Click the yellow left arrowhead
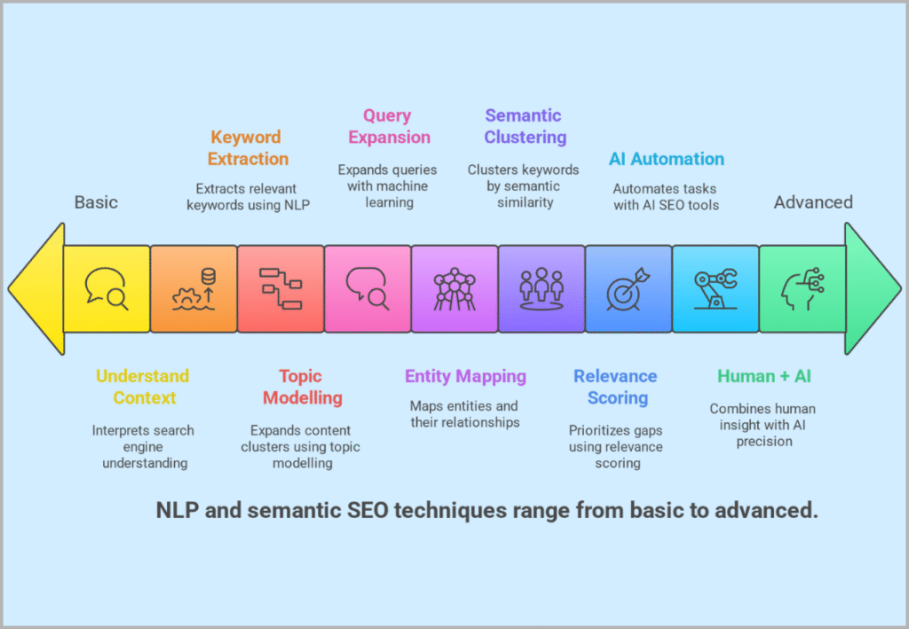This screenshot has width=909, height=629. pyautogui.click(x=37, y=289)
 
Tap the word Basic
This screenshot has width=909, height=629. pyautogui.click(x=96, y=202)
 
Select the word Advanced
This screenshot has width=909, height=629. pyautogui.click(x=812, y=202)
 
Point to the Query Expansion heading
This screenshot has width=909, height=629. pyautogui.click(x=389, y=126)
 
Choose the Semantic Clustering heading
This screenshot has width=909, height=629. pyautogui.click(x=525, y=126)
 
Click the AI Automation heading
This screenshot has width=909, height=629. pyautogui.click(x=666, y=160)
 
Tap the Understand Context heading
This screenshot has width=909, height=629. pyautogui.click(x=144, y=387)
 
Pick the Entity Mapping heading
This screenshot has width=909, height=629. pyautogui.click(x=465, y=376)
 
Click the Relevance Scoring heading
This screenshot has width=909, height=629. pyautogui.click(x=616, y=387)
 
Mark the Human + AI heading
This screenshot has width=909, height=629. pyautogui.click(x=763, y=376)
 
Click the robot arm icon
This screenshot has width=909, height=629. pyautogui.click(x=715, y=289)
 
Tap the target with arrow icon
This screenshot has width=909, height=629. pyautogui.click(x=628, y=289)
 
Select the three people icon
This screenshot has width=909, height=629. pyautogui.click(x=541, y=289)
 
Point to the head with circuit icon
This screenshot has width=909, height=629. pyautogui.click(x=802, y=289)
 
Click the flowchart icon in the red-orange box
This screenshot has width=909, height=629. pyautogui.click(x=281, y=289)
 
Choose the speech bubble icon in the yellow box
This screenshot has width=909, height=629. pyautogui.click(x=107, y=289)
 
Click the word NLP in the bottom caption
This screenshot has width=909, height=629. pyautogui.click(x=178, y=511)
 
